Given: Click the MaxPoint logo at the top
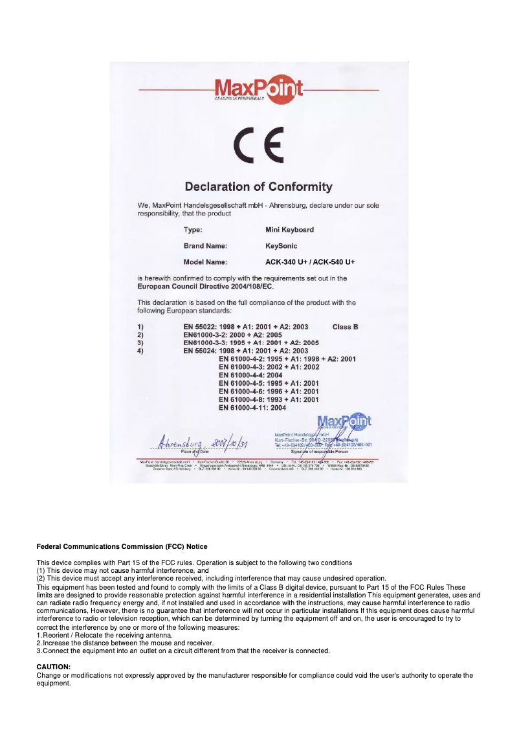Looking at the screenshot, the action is [x=259, y=89].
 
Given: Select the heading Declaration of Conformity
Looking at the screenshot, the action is [x=259, y=187].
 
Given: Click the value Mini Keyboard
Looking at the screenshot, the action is [x=289, y=230].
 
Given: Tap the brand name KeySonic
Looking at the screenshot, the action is [x=282, y=246].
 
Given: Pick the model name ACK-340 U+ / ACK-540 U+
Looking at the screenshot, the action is [x=311, y=262].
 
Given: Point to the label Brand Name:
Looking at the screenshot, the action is [x=205, y=246].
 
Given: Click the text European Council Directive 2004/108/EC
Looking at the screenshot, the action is [x=206, y=286].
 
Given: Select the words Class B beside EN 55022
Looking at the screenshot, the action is [x=345, y=327].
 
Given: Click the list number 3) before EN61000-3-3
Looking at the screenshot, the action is [x=140, y=342].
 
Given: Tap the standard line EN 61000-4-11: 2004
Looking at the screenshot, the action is [x=252, y=408].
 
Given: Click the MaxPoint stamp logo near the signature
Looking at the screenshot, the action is [x=344, y=421].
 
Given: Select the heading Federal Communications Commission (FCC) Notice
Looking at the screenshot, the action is [x=122, y=547].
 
